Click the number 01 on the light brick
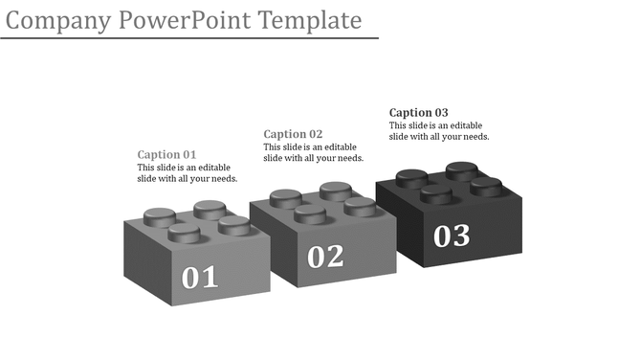tap(201, 278)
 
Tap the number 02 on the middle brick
tap(325, 257)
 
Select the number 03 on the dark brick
tap(452, 236)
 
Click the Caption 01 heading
tap(166, 154)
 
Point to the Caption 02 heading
tap(293, 134)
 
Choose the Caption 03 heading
tap(419, 113)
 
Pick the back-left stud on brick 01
tap(159, 215)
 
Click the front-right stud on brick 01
tap(233, 225)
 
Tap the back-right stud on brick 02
tap(335, 190)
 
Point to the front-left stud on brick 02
tap(310, 213)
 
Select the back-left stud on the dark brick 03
tap(411, 177)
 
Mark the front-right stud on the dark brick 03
tap(486, 186)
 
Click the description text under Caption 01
tap(188, 173)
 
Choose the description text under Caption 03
tap(439, 131)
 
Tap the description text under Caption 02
tap(313, 152)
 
